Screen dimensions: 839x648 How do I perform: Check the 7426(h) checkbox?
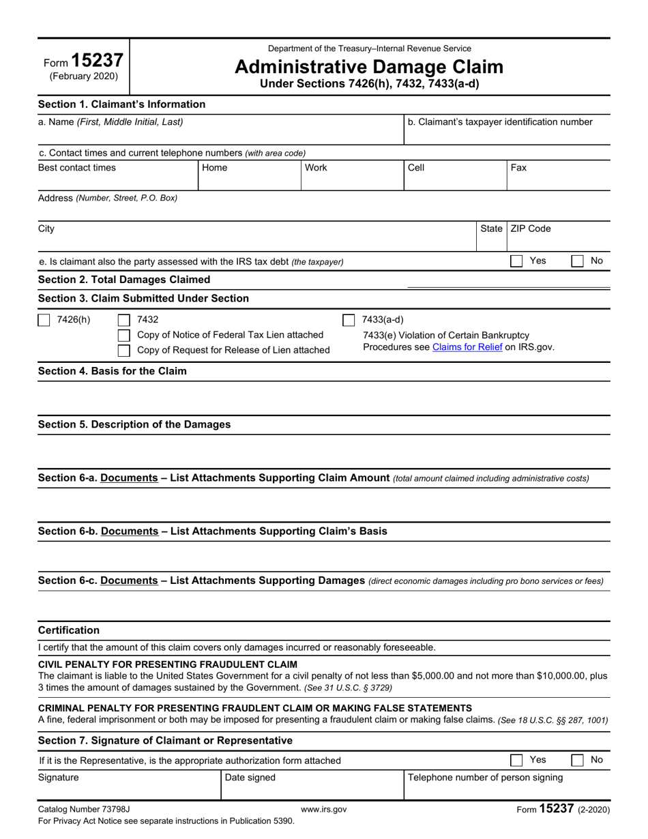[44, 320]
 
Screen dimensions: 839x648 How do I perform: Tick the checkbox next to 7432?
[124, 320]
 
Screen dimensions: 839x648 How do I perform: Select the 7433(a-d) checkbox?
[348, 320]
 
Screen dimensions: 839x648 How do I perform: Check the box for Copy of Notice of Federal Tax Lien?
[124, 335]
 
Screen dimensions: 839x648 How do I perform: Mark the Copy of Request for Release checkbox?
[124, 351]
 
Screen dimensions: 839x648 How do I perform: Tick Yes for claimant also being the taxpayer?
[517, 261]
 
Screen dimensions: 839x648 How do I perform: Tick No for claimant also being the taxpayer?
[577, 261]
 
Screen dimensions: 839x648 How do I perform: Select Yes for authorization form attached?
[517, 760]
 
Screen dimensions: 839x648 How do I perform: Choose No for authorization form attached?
[577, 760]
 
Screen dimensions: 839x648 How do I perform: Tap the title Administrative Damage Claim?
[369, 67]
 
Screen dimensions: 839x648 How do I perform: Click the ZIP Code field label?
[530, 229]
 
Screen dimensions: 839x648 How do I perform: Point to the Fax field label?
[518, 168]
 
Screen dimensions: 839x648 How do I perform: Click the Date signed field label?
[250, 778]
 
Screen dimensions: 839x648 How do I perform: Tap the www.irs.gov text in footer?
[323, 810]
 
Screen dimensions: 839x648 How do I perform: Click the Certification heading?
[68, 630]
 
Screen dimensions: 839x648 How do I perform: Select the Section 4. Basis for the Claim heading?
[112, 371]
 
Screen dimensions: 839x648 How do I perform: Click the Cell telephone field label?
[415, 168]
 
